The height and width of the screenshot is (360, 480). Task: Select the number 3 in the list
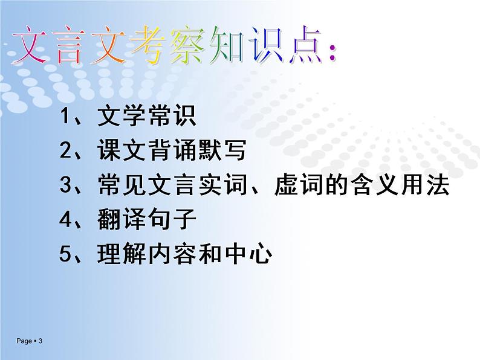66,185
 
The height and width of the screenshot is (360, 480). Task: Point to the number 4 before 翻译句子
66,220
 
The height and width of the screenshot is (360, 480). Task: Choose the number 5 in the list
66,254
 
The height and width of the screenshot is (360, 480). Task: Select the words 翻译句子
146,220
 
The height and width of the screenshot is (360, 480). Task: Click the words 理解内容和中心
184,254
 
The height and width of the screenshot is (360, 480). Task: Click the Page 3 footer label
30,342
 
